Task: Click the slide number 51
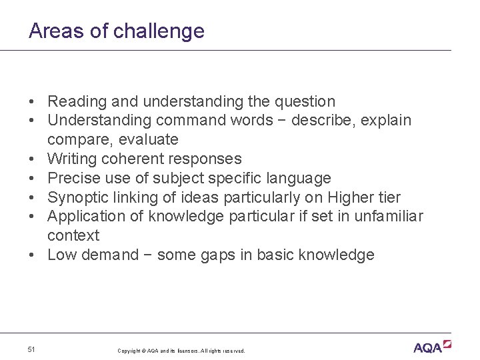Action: pyautogui.click(x=32, y=349)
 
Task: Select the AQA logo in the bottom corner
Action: pyautogui.click(x=432, y=347)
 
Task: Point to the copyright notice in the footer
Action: pyautogui.click(x=181, y=351)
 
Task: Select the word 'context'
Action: pyautogui.click(x=73, y=236)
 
